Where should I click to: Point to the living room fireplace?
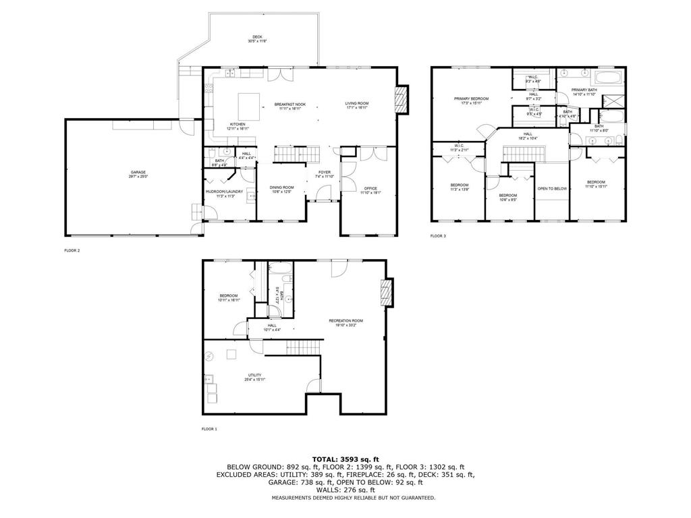click(x=402, y=99)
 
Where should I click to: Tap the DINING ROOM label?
click(x=281, y=189)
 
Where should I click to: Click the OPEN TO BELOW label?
click(x=552, y=188)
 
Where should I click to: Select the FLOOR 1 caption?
click(x=209, y=429)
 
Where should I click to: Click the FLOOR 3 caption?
click(x=438, y=236)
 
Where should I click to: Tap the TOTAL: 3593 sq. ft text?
click(x=345, y=459)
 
